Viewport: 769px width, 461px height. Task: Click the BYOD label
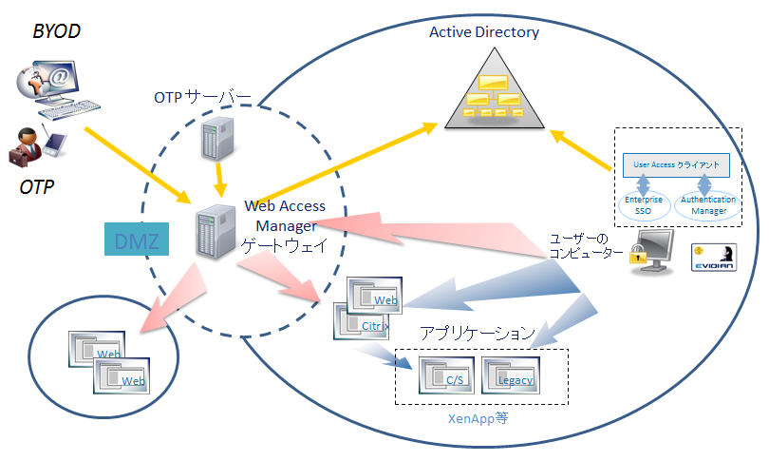(57, 32)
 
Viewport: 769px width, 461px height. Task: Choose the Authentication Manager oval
(704, 204)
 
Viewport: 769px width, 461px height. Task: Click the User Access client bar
(675, 164)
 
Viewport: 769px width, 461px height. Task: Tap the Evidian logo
(714, 258)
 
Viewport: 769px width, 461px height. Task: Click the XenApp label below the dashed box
(478, 417)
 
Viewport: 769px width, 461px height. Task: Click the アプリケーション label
(478, 335)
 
